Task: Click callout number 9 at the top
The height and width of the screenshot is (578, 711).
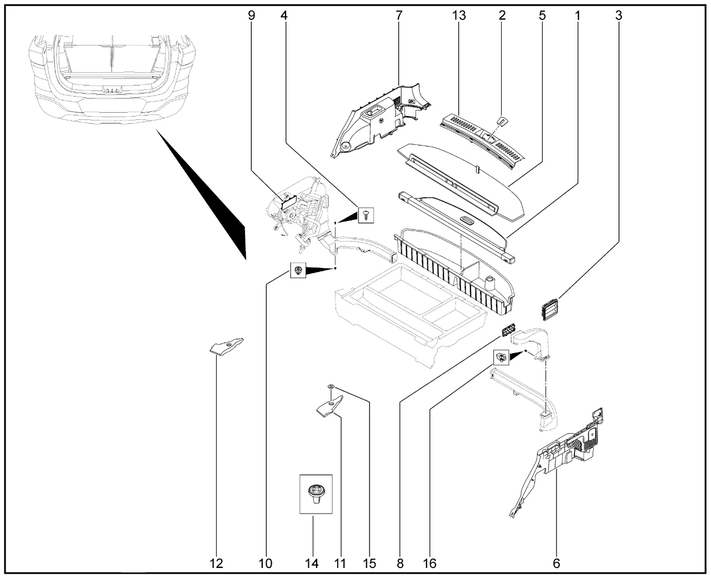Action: point(252,16)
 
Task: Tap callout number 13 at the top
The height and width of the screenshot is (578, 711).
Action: point(459,16)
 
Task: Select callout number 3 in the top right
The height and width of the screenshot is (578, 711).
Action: point(618,16)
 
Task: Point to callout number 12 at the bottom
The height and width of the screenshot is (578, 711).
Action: point(216,564)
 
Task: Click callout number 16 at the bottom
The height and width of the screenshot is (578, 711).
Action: point(429,564)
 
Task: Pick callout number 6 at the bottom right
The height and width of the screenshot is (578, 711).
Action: point(557,564)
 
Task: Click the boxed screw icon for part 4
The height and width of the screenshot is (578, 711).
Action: point(365,214)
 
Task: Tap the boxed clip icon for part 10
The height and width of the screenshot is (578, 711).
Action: point(298,270)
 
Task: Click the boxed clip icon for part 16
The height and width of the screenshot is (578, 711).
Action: point(501,356)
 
